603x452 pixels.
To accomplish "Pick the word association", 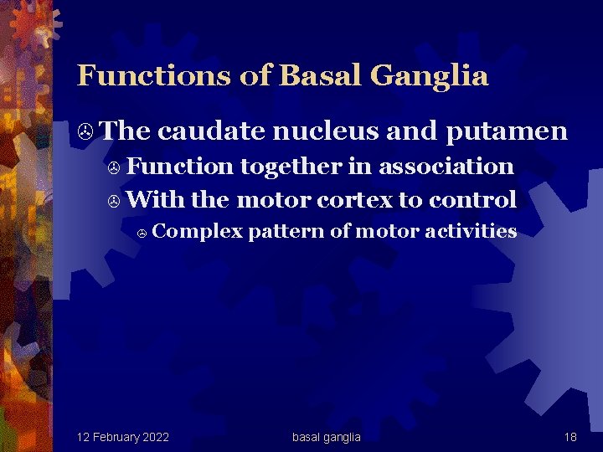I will (446, 167).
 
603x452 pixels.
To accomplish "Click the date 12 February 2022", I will (122, 437).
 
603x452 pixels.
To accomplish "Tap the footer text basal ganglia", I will (327, 437).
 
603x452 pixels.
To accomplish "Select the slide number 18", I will (570, 437).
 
